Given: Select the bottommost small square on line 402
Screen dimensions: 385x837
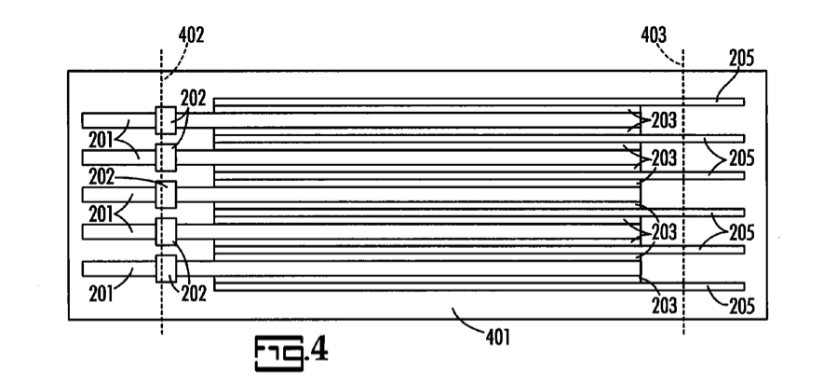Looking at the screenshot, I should (x=166, y=268).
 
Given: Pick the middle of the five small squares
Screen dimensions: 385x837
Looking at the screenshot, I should (x=166, y=194).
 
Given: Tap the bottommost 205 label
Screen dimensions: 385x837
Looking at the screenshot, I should (x=741, y=304).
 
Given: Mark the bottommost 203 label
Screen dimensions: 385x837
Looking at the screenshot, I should (x=667, y=304).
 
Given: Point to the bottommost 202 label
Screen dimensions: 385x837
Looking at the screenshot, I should (x=193, y=290).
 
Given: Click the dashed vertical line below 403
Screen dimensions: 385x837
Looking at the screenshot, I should (x=683, y=322).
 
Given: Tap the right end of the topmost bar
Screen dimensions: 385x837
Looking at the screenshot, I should (x=742, y=101).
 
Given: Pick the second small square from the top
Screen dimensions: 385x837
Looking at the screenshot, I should (x=166, y=156).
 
